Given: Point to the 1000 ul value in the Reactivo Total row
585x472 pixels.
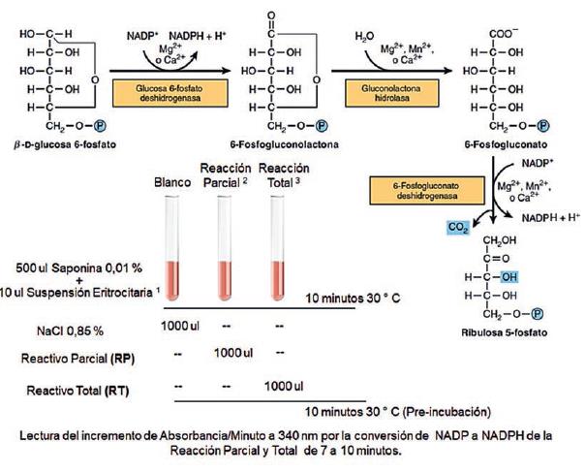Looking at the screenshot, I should pyautogui.click(x=282, y=385).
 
